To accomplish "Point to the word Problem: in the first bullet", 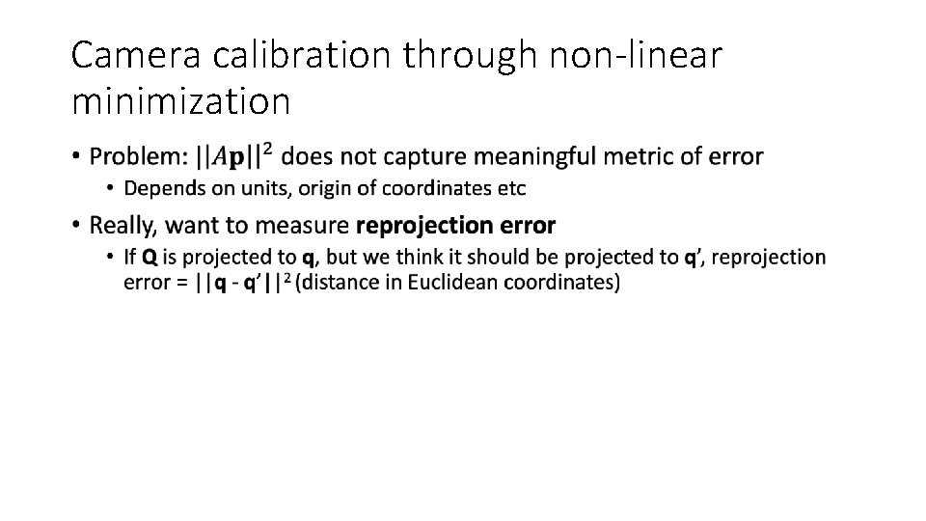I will coord(139,155).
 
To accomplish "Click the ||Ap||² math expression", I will coord(233,154).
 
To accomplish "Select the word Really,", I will coord(123,226).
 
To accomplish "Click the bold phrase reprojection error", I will coord(456,226).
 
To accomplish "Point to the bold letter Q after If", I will coord(150,258).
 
